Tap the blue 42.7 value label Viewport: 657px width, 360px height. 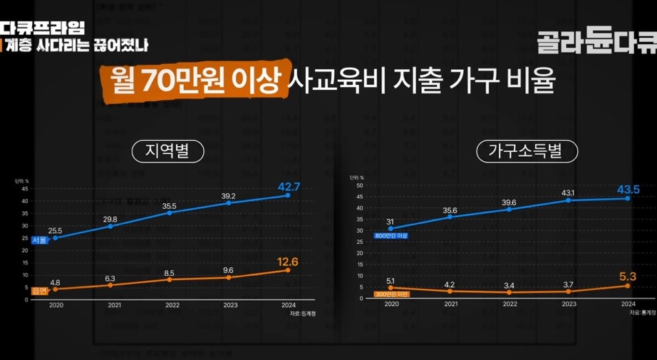click(x=289, y=187)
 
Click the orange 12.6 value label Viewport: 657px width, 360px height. click(x=289, y=262)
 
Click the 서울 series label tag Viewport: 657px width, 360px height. click(x=39, y=240)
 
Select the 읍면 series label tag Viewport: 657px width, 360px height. click(x=39, y=289)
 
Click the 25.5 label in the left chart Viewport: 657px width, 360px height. click(x=55, y=230)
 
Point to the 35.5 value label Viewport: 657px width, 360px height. click(x=168, y=205)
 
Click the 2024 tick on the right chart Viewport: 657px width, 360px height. click(x=628, y=304)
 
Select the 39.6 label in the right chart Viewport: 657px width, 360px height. click(x=508, y=202)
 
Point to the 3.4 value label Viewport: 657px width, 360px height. click(x=508, y=286)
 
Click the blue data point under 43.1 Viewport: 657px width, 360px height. click(x=569, y=200)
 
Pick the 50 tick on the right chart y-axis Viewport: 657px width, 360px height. click(x=360, y=186)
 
